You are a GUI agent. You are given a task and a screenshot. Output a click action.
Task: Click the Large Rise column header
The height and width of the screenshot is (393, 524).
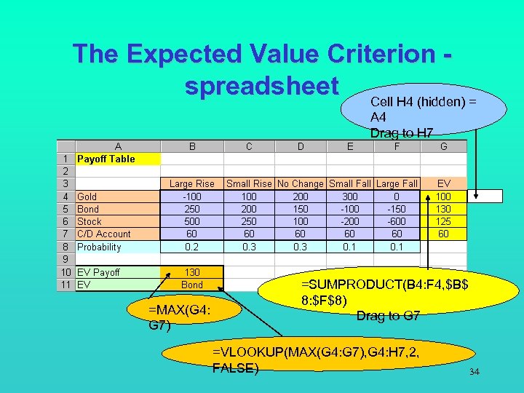coord(192,184)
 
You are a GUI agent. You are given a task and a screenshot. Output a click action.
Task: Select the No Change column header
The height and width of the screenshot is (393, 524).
coord(300,184)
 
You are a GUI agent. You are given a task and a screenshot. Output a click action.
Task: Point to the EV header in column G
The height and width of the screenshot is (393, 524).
coord(443,184)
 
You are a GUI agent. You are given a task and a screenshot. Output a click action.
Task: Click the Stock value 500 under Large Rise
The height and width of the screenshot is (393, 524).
coord(192,221)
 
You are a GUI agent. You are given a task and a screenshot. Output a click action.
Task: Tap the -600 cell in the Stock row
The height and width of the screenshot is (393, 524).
coord(396,221)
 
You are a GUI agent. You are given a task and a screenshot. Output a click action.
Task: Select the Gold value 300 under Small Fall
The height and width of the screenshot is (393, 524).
coord(350,196)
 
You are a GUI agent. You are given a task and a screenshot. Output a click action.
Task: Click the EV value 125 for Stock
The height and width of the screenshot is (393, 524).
coord(443,221)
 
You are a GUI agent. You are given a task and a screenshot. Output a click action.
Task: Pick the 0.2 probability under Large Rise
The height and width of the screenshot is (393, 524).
coord(192,247)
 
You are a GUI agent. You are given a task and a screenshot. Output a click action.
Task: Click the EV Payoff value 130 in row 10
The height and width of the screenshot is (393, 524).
coord(192,272)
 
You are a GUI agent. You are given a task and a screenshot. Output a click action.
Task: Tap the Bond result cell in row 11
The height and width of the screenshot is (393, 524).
coord(192,285)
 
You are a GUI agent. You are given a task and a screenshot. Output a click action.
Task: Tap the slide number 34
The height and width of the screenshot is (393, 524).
coord(475,373)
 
